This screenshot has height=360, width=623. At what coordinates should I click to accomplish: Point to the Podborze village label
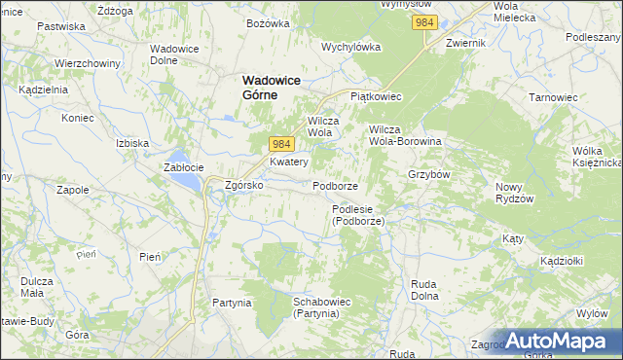[336, 186]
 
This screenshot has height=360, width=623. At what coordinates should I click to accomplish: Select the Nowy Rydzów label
[516, 193]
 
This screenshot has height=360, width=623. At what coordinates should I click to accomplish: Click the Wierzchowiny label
[87, 63]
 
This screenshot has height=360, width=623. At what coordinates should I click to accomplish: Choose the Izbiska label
[131, 143]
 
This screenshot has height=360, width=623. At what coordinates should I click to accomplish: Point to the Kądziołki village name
[560, 262]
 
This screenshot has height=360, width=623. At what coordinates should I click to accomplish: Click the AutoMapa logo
[559, 341]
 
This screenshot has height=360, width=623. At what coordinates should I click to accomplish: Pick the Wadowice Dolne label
[175, 54]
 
